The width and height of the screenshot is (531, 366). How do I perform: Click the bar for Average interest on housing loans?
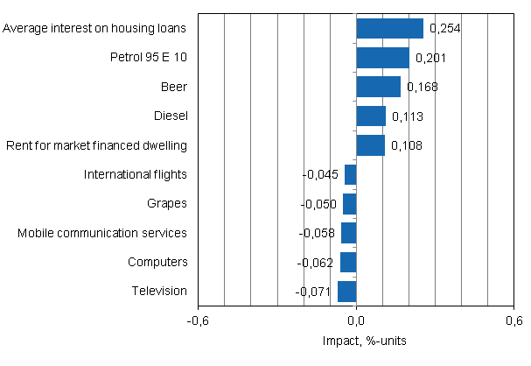(389, 29)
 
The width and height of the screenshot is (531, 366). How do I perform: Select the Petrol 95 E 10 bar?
(382, 58)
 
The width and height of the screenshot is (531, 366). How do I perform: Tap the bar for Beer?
(378, 87)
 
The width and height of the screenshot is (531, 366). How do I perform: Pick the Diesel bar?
(371, 116)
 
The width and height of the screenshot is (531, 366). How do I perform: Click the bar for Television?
(346, 291)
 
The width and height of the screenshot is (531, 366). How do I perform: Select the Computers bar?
(347, 262)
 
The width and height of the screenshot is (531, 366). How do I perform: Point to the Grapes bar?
(349, 204)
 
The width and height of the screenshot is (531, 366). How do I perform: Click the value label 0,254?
(444, 29)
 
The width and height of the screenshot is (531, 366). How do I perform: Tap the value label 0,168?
(421, 87)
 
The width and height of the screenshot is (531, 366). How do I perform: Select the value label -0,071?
(312, 291)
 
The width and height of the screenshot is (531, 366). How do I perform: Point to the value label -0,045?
(319, 174)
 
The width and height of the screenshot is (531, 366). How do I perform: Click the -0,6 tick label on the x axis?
(198, 320)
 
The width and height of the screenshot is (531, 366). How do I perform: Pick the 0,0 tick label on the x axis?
(356, 320)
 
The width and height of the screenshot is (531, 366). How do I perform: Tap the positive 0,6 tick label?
(514, 320)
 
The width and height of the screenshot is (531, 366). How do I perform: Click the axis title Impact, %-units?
(355, 340)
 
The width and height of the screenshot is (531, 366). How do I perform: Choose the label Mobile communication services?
(102, 233)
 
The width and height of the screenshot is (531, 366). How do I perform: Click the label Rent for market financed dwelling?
(96, 145)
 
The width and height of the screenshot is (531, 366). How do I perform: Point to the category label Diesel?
(170, 116)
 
